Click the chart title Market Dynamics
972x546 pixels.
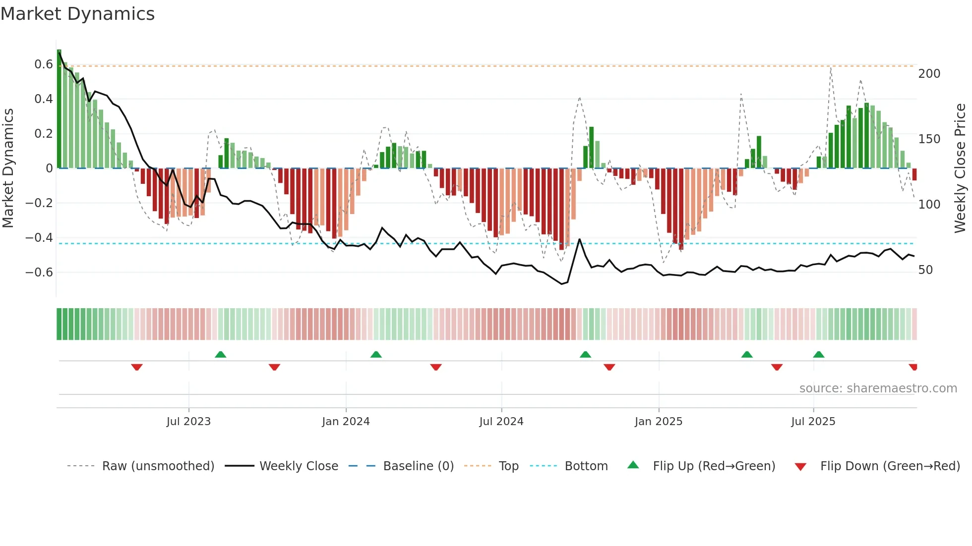coord(77,14)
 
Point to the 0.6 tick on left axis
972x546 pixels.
coord(44,64)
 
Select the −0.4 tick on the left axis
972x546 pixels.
coord(39,238)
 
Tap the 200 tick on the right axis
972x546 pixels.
coord(929,74)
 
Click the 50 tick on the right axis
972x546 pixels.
coord(925,270)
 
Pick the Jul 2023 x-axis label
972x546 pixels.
coord(188,422)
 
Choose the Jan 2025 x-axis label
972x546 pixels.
coord(659,422)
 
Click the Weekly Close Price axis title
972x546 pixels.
coord(960,168)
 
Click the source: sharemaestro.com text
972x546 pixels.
coord(878,388)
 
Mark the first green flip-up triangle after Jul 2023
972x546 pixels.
coord(221,354)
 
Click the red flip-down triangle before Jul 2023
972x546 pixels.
coord(137,367)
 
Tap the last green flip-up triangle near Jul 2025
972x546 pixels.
coord(819,354)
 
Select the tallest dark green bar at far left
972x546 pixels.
coord(59,109)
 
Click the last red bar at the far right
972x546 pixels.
coord(914,174)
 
